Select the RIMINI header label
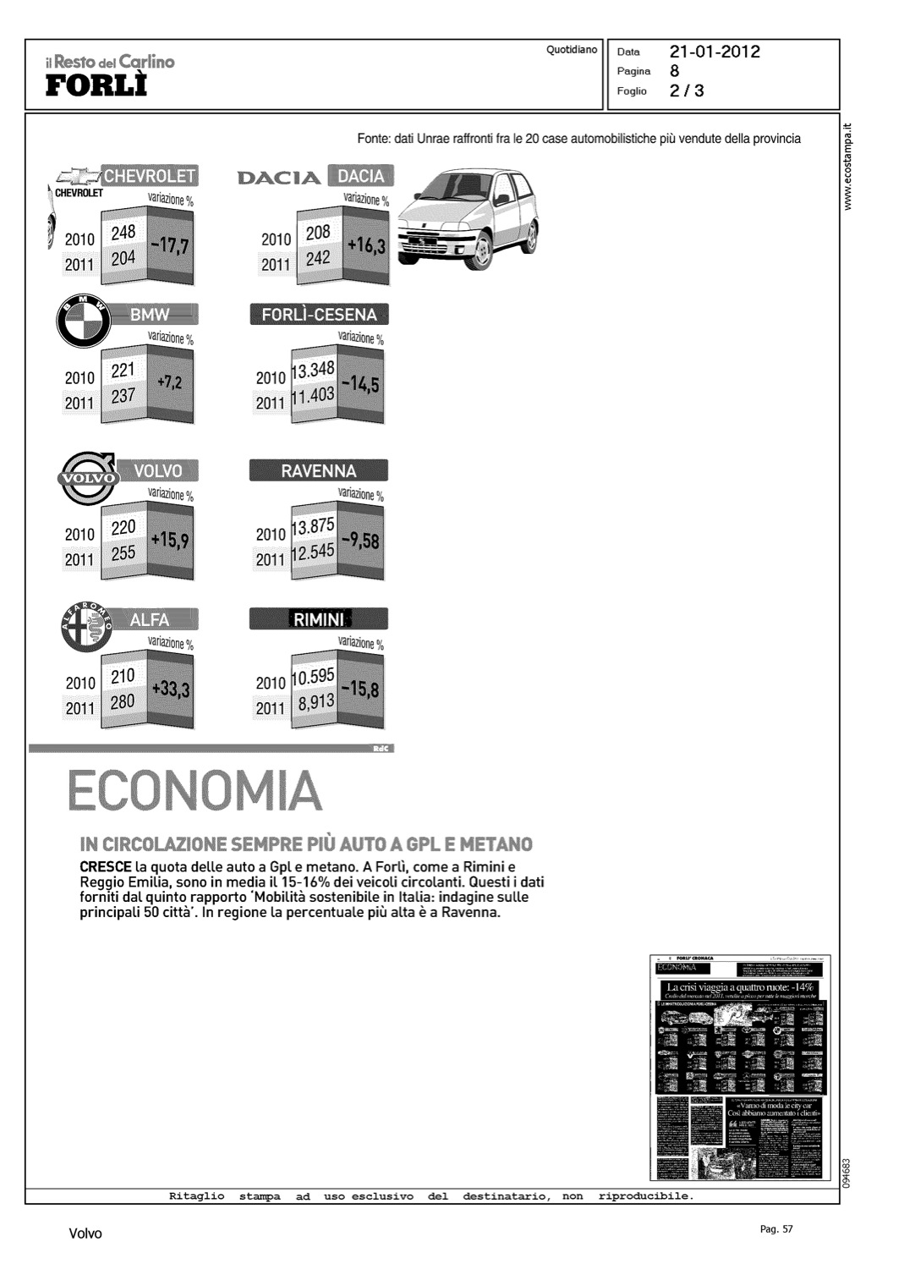point(319,620)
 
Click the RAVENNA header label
point(319,471)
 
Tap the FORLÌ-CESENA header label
point(319,315)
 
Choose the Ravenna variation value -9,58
point(360,541)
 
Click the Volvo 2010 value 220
point(123,528)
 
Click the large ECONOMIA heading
point(194,791)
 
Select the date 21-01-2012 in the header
point(715,52)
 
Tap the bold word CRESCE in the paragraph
point(106,867)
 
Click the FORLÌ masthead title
point(96,86)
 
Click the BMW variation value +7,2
point(170,382)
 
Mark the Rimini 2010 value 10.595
point(313,677)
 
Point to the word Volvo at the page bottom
point(85,1233)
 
